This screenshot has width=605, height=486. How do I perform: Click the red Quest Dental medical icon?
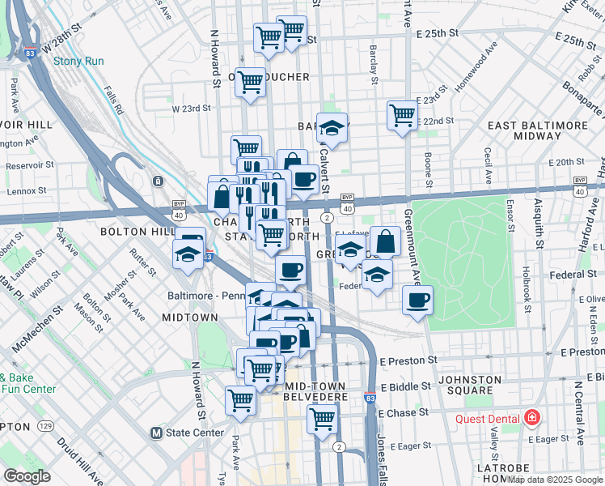click(532, 418)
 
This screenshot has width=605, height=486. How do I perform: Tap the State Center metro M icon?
click(157, 433)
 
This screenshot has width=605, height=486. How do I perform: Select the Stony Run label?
click(74, 60)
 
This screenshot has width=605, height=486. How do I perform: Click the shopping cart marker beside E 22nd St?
click(402, 114)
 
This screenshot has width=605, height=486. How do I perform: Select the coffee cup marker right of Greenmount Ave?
click(417, 300)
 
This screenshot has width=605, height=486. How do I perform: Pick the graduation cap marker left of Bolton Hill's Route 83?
click(188, 255)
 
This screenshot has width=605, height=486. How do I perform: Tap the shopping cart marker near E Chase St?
click(322, 420)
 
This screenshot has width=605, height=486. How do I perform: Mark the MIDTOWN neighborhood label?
click(189, 318)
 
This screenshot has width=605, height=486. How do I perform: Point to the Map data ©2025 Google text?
click(555, 479)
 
